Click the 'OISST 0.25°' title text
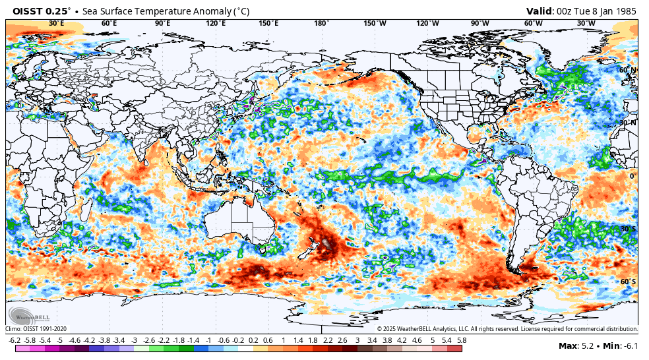[x=40, y=11]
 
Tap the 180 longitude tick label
[x=321, y=24]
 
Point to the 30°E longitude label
[x=56, y=24]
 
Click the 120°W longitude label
[x=427, y=24]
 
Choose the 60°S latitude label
[x=628, y=282]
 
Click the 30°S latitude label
[x=628, y=229]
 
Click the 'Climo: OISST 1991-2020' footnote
[x=36, y=328]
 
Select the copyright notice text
[x=507, y=328]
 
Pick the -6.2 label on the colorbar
[x=15, y=340]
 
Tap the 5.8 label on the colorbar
[x=462, y=340]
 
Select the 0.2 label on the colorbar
[x=253, y=340]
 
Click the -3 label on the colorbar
[x=134, y=340]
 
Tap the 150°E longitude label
[x=268, y=24]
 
